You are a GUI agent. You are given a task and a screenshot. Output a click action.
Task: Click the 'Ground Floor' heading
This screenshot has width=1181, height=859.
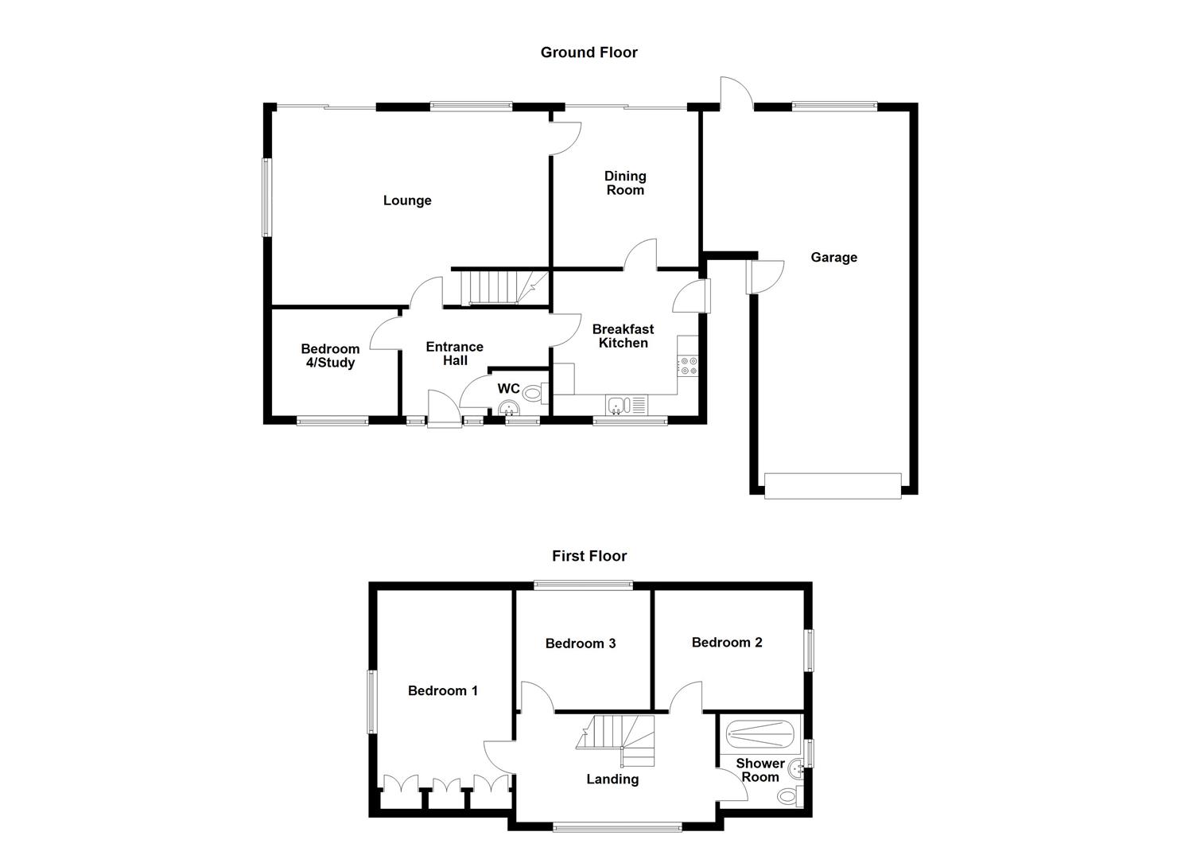589,52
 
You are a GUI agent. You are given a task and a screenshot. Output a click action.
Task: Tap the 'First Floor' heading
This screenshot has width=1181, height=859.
589,556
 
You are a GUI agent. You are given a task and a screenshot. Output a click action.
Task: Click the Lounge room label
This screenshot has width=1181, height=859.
407,200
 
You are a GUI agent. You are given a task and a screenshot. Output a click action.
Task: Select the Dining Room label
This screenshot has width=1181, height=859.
625,183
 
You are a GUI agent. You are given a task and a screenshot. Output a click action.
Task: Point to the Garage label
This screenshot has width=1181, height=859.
833,257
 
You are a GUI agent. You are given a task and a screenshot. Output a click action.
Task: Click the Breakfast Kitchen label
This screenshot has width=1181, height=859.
624,336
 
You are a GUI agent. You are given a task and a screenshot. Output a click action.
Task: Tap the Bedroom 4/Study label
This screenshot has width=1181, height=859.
330,356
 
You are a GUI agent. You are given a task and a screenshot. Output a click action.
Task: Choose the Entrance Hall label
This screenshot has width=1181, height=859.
455,353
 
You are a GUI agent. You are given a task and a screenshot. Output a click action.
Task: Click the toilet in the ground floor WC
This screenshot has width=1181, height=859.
533,391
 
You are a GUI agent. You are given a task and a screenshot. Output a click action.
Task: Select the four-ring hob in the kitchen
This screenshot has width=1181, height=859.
688,366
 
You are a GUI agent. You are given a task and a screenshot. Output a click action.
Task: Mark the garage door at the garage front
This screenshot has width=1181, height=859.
833,486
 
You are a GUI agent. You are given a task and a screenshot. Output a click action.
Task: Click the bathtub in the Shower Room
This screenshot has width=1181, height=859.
759,733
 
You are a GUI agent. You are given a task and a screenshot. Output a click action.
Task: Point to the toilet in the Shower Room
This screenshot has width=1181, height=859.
789,795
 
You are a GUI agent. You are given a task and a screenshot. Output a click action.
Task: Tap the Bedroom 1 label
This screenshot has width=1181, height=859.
443,690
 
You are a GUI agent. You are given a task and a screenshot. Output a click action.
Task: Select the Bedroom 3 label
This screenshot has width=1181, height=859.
581,643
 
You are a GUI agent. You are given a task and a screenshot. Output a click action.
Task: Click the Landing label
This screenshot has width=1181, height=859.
612,779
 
